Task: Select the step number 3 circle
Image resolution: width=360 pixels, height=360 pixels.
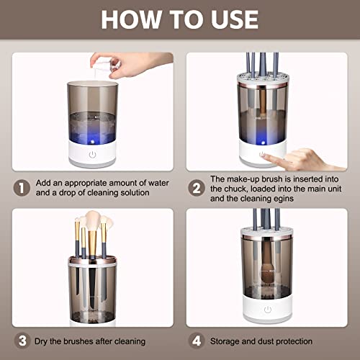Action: [x=22, y=340]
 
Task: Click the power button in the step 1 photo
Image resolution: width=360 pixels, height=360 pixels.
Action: [x=93, y=153]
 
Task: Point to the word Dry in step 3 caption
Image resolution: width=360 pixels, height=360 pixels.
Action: [x=45, y=340]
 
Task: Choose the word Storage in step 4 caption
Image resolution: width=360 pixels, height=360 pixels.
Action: [x=229, y=340]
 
